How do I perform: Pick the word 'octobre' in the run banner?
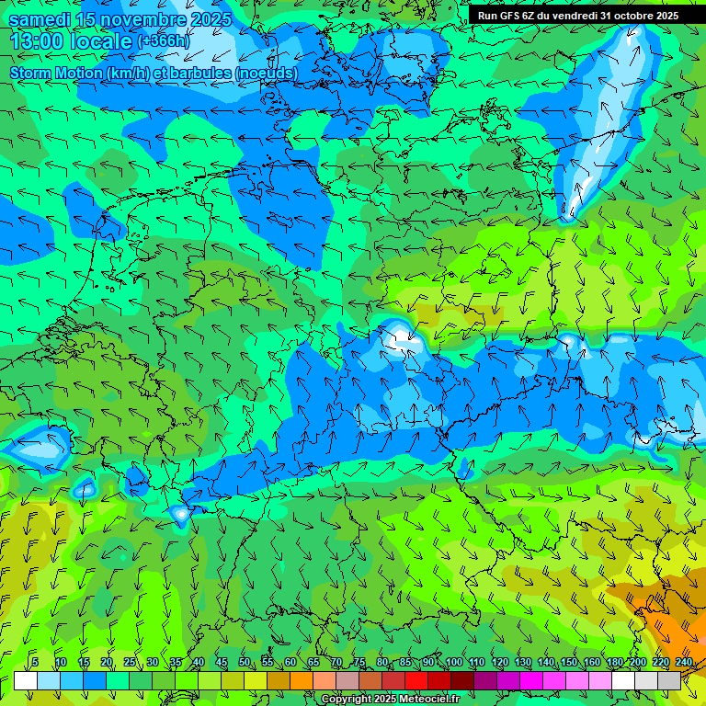point(633,15)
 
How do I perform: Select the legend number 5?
point(35,662)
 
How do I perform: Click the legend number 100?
point(453,662)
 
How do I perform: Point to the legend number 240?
point(683,662)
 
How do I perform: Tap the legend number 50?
point(245,662)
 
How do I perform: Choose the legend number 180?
point(614,662)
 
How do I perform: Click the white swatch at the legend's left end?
point(26,680)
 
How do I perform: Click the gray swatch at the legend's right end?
point(669,680)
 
